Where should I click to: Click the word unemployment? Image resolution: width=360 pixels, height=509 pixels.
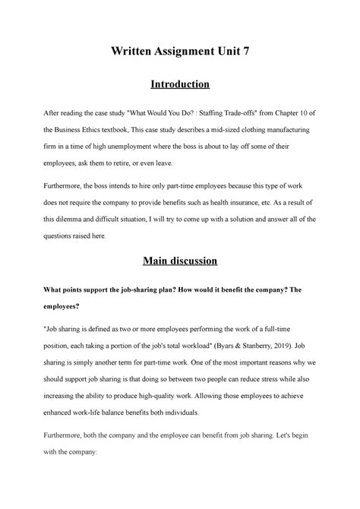(x=148, y=146)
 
